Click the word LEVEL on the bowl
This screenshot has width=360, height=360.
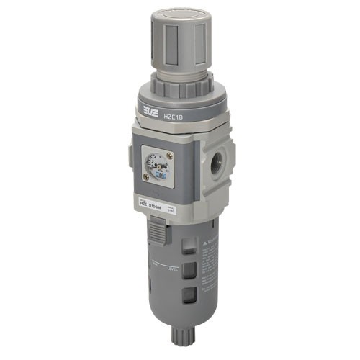click(x=171, y=266)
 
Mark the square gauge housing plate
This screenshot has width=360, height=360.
click(x=159, y=166)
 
